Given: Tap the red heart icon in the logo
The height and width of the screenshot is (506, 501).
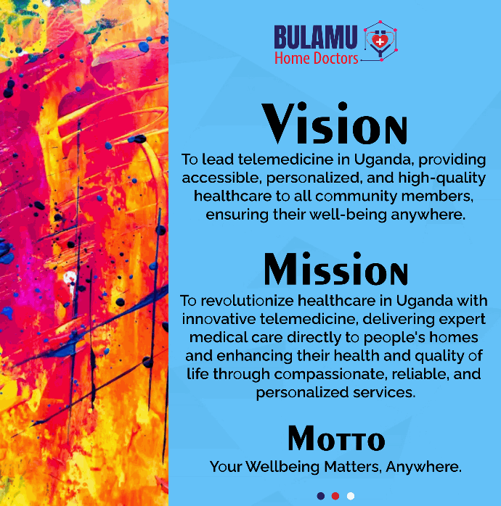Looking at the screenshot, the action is point(380,41).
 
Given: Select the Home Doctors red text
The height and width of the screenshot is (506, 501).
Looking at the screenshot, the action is point(317,59).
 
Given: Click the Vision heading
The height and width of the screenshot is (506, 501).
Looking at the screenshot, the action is point(335,123).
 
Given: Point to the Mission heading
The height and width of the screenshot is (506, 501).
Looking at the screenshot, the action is point(336,269).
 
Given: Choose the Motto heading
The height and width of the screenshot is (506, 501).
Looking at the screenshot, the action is point(336,438).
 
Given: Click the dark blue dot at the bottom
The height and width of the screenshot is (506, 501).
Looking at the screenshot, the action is point(321,496).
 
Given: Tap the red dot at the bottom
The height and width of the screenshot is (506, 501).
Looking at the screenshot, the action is point(335,496).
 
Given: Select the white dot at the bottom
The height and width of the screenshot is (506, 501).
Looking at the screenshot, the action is point(351,496).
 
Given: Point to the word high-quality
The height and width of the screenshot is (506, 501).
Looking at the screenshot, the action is point(442,178).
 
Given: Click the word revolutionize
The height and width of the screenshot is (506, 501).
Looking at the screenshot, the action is point(248,300).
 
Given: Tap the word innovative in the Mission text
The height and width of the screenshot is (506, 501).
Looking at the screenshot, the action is point(219,319).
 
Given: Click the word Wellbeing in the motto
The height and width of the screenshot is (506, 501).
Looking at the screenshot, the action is point(282,467).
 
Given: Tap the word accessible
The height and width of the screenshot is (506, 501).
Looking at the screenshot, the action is point(222,178).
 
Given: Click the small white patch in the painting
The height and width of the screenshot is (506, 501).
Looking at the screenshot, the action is point(70,278).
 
